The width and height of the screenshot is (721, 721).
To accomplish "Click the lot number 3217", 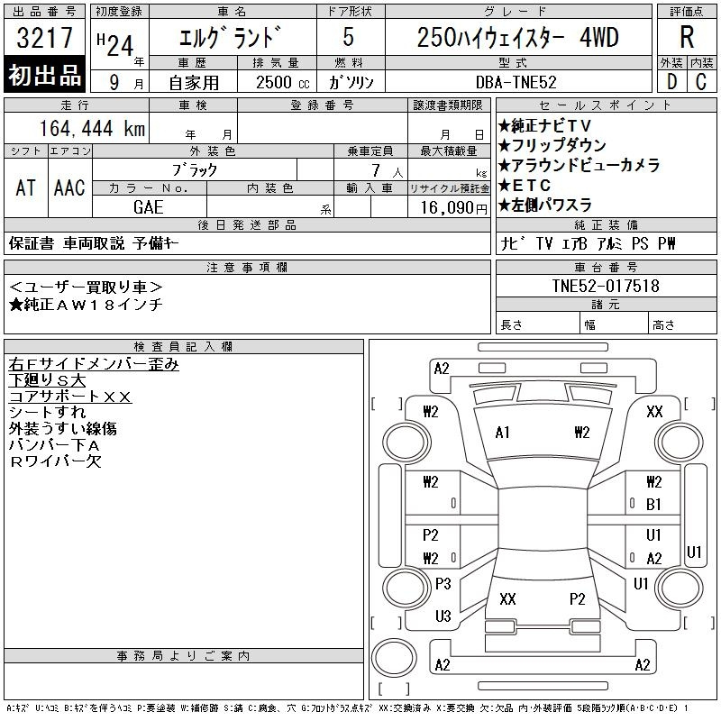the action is (44, 38).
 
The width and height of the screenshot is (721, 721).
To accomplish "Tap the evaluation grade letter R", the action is (687, 37).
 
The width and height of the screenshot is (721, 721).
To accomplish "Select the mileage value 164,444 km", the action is (92, 128).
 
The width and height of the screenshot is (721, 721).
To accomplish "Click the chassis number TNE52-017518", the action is (606, 286).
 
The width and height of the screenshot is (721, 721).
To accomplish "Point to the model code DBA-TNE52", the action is (516, 82).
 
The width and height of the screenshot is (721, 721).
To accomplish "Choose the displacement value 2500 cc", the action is (283, 82).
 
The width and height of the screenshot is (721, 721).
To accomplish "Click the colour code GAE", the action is (149, 207).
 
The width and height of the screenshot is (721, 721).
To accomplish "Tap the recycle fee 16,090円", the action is (453, 207).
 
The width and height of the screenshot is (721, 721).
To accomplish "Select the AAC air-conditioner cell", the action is (69, 187).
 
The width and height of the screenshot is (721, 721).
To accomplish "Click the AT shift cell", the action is (26, 187).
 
